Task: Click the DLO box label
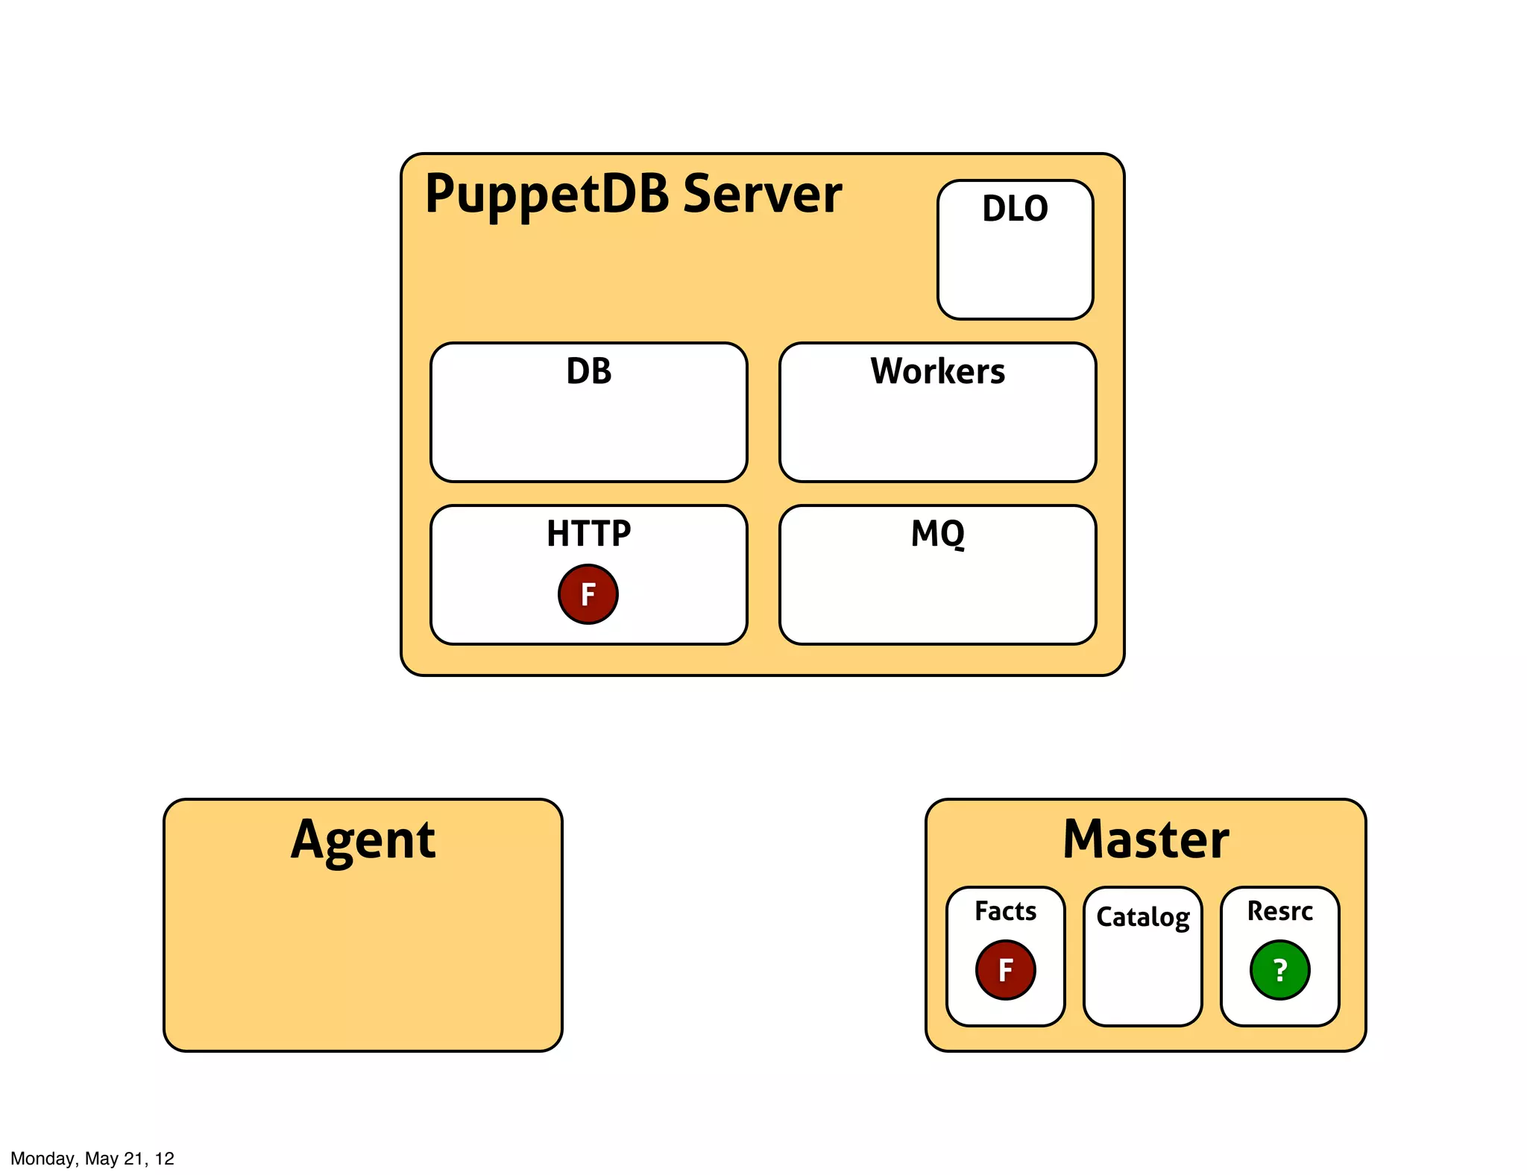pyautogui.click(x=1015, y=209)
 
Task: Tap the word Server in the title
pyautogui.click(x=762, y=194)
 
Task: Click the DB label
pyautogui.click(x=588, y=371)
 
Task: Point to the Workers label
pyautogui.click(x=937, y=371)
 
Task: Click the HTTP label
pyautogui.click(x=588, y=534)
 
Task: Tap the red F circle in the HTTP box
pyautogui.click(x=588, y=594)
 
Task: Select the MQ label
pyautogui.click(x=937, y=534)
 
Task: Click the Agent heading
pyautogui.click(x=363, y=840)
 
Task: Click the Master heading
pyautogui.click(x=1145, y=840)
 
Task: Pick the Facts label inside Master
pyautogui.click(x=1005, y=911)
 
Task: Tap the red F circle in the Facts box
pyautogui.click(x=1005, y=970)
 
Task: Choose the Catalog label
pyautogui.click(x=1142, y=917)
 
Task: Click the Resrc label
pyautogui.click(x=1279, y=911)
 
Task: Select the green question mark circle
pyautogui.click(x=1279, y=970)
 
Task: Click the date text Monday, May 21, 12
pyautogui.click(x=92, y=1159)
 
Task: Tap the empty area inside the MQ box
pyautogui.click(x=937, y=596)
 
